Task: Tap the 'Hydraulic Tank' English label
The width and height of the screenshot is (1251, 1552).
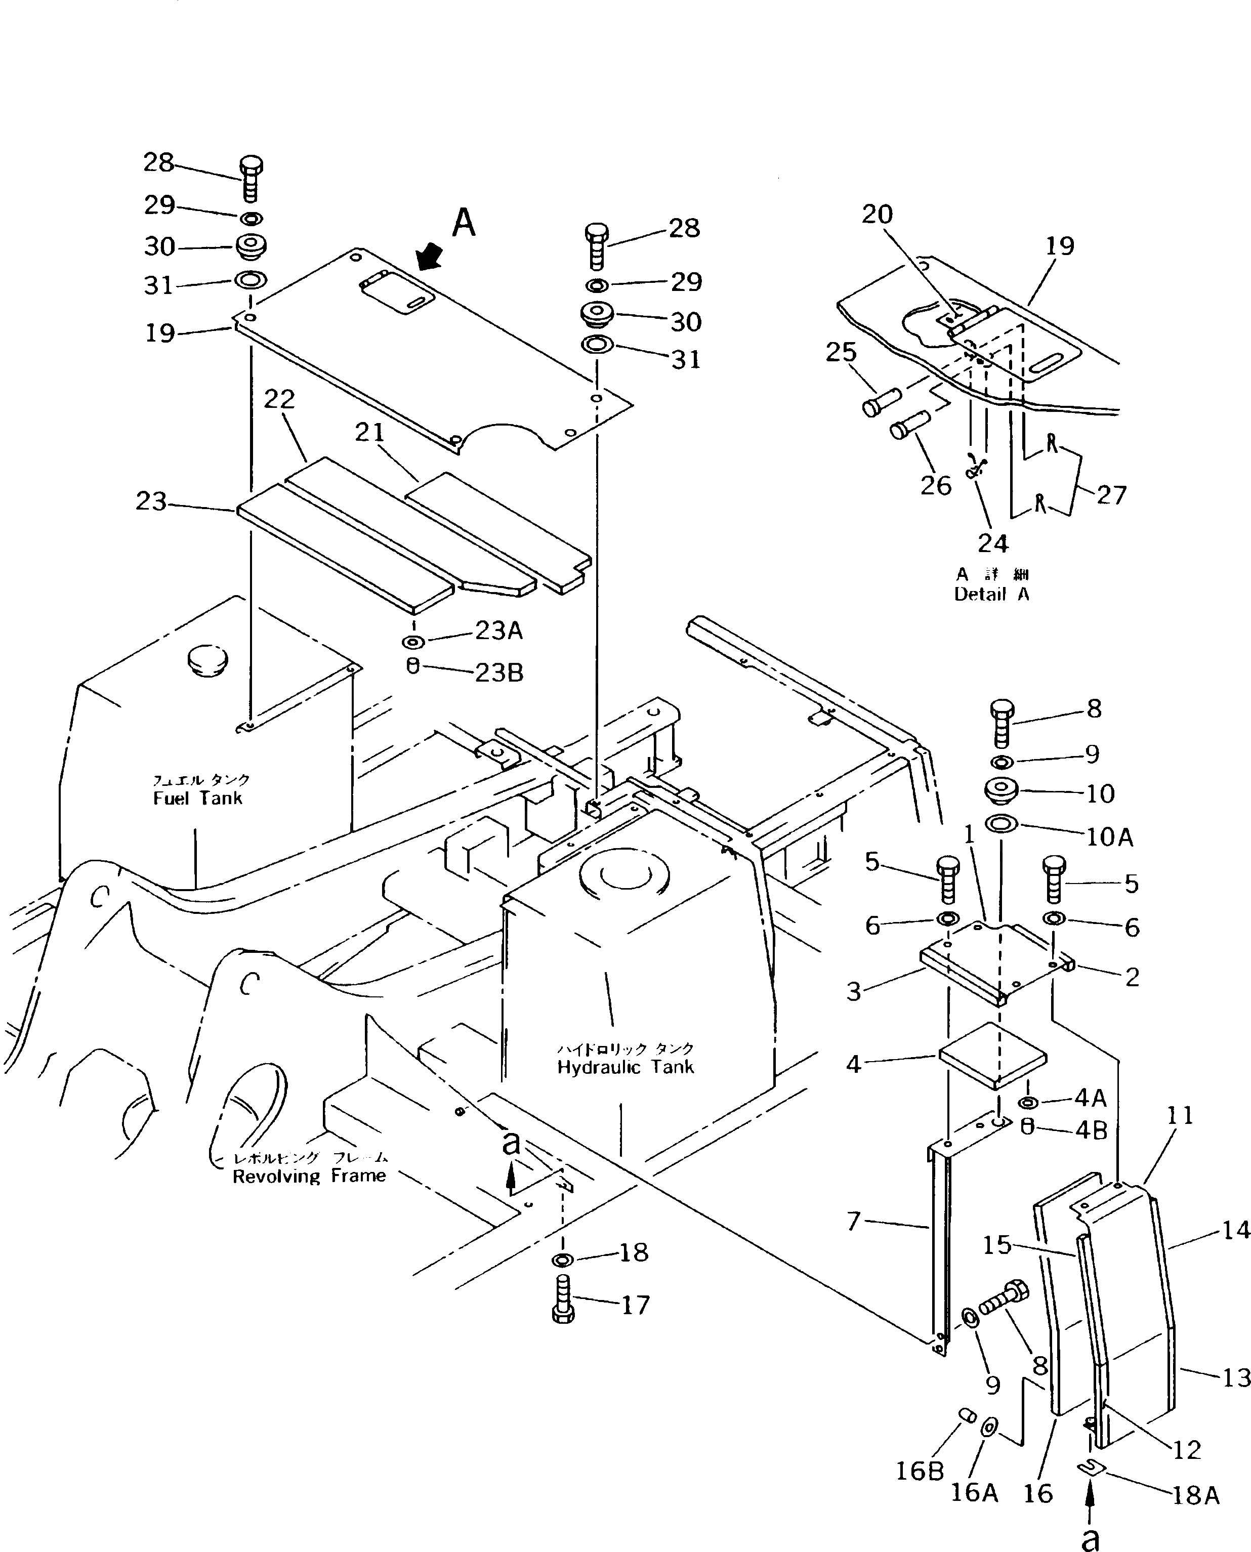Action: [625, 1067]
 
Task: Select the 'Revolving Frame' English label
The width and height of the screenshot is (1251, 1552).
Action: [309, 1176]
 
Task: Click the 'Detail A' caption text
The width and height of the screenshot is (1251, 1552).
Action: [991, 595]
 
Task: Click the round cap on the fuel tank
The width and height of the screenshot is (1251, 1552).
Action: [207, 657]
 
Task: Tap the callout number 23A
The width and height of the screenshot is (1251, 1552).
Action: [498, 631]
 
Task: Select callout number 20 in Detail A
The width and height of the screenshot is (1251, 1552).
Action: [877, 214]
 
